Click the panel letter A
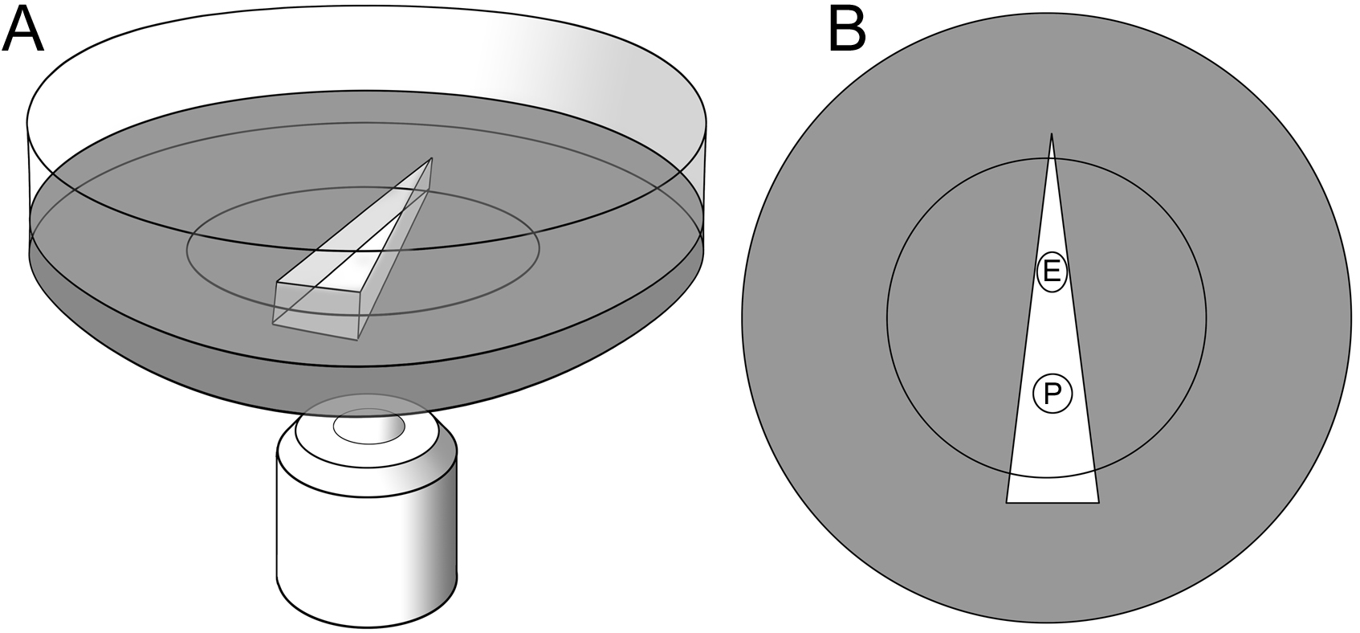click(x=22, y=31)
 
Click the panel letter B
click(x=847, y=31)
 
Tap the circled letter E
click(x=1052, y=272)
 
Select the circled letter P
click(x=1053, y=394)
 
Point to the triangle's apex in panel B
click(x=1052, y=134)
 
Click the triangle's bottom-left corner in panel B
click(x=1007, y=503)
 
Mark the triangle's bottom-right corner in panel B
click(x=1098, y=503)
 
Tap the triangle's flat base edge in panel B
click(x=1053, y=503)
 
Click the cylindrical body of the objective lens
click(x=367, y=546)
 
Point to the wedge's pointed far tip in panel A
click(x=431, y=159)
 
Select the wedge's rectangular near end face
click(x=316, y=310)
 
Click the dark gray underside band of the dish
click(x=366, y=386)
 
